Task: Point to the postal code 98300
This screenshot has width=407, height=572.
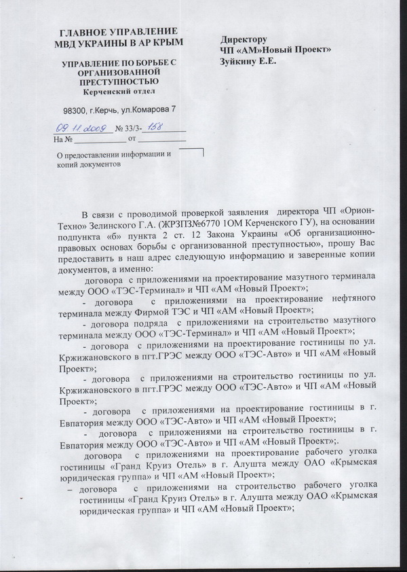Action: coord(77,109)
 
